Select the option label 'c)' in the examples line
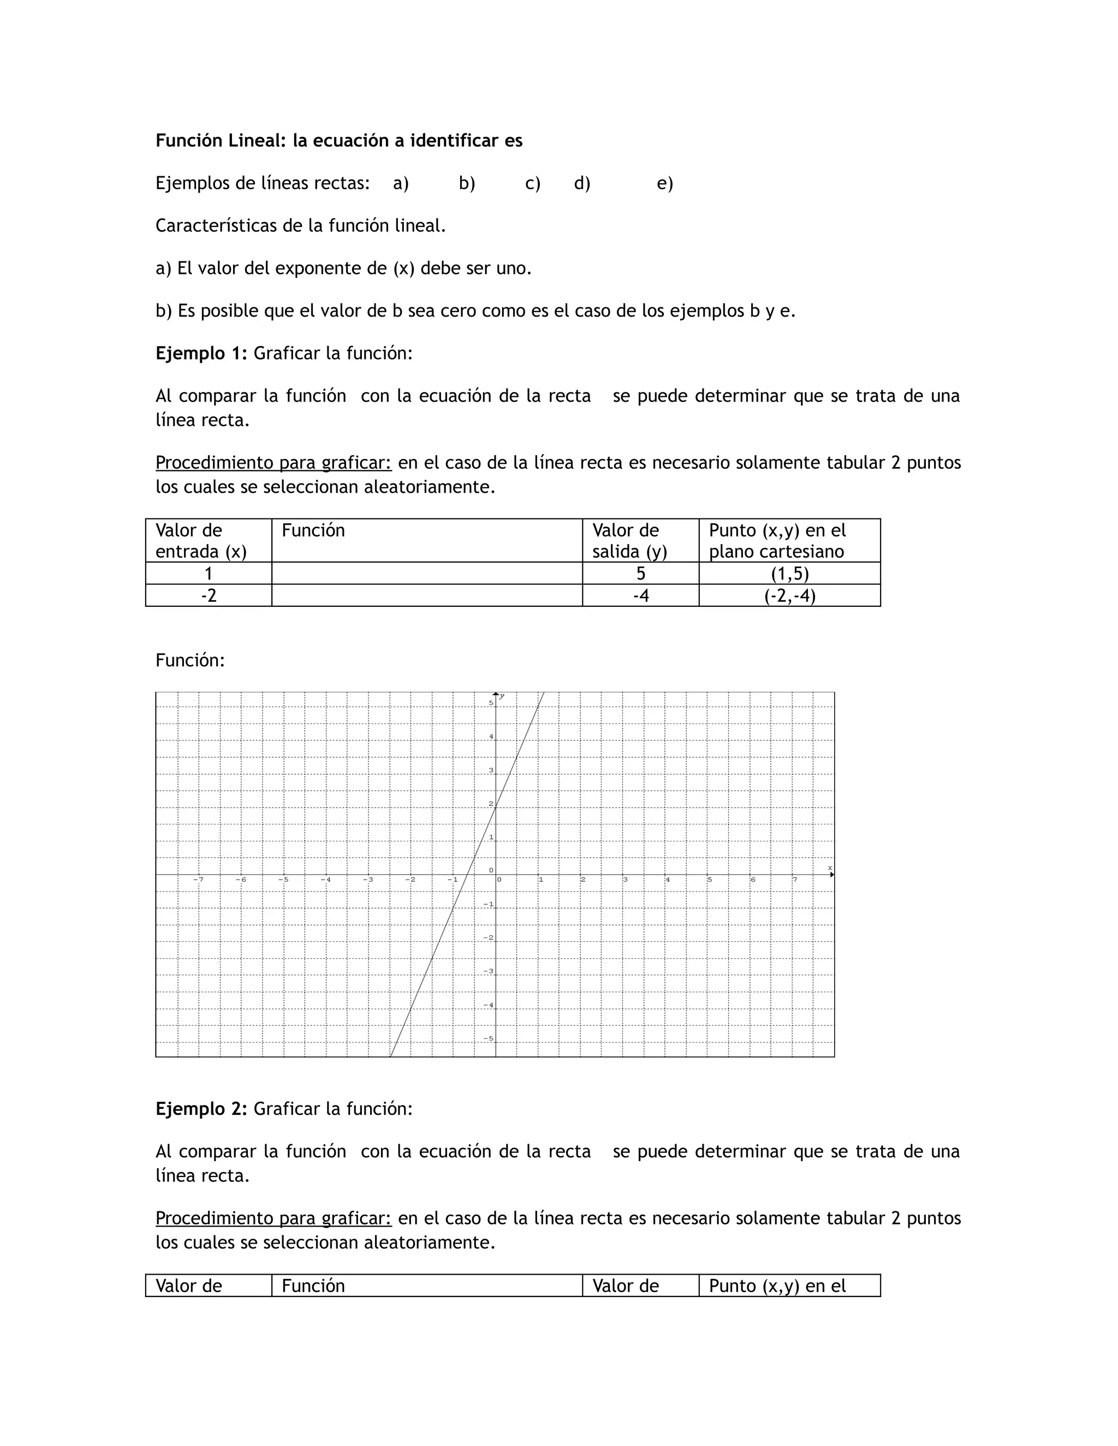[x=532, y=183]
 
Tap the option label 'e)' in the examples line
[x=664, y=183]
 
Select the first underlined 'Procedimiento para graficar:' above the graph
[x=273, y=462]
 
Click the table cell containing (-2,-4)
[x=789, y=595]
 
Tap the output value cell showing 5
[x=640, y=573]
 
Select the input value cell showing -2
[x=209, y=595]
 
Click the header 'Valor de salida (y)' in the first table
[x=629, y=540]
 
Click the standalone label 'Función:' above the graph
[x=190, y=660]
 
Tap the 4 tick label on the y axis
[x=491, y=736]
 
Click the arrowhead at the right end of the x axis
[x=832, y=875]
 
